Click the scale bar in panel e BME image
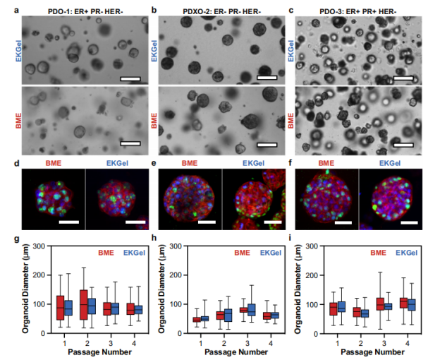(x=206, y=222)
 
